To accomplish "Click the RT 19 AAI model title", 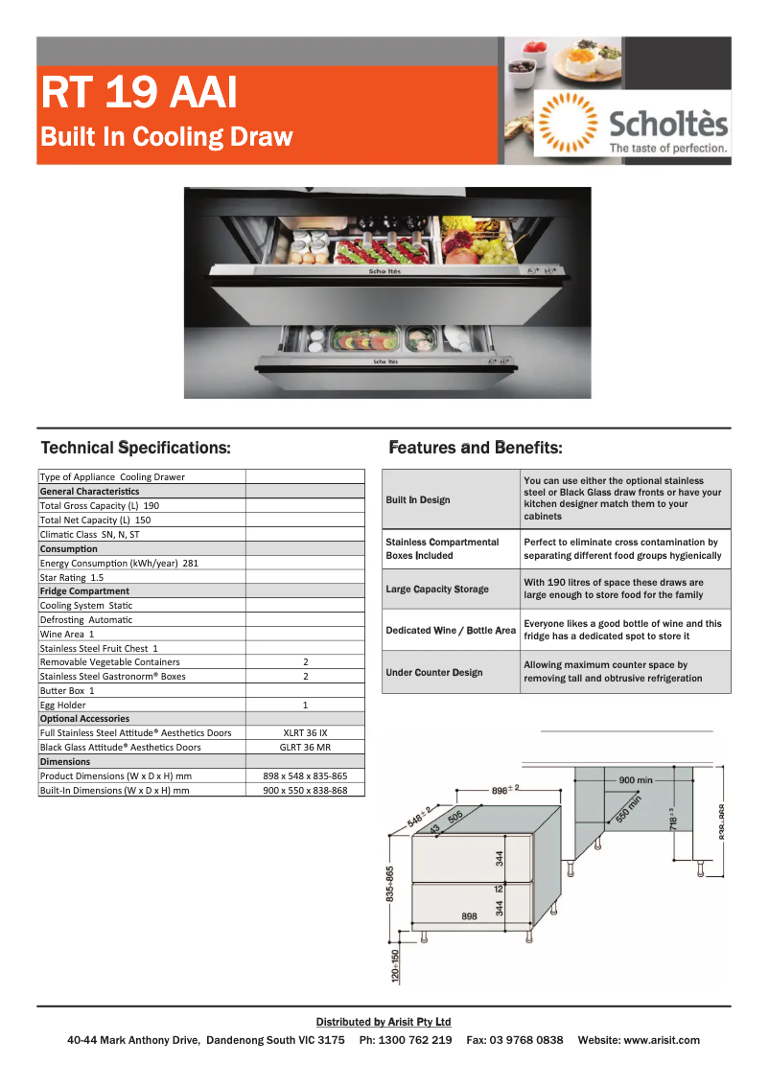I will click(x=139, y=93).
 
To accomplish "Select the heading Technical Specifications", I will click(x=135, y=448).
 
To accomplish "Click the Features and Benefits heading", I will click(x=476, y=448).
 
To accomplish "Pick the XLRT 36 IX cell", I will click(x=305, y=732).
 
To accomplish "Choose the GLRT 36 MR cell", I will click(x=305, y=747).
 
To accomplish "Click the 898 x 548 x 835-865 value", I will click(x=305, y=775).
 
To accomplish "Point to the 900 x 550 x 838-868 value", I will click(x=305, y=791).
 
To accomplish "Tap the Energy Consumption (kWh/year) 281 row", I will click(x=119, y=563).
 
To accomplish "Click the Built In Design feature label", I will click(x=418, y=499).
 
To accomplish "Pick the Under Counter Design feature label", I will click(x=434, y=672).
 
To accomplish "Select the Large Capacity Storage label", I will click(x=437, y=589).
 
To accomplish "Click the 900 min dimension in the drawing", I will click(x=636, y=780).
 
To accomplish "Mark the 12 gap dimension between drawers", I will click(x=499, y=890).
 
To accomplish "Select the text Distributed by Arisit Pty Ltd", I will click(x=384, y=1022).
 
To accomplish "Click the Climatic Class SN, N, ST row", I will click(x=89, y=534).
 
